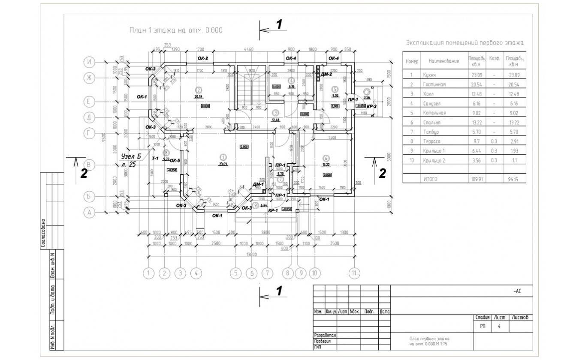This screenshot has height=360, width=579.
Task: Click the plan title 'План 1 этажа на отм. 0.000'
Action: click(175, 30)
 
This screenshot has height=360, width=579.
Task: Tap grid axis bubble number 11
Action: click(354, 272)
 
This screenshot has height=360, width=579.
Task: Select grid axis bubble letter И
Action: click(89, 62)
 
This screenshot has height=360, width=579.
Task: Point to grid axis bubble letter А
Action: click(89, 212)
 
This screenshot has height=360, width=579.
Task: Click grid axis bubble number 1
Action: click(148, 272)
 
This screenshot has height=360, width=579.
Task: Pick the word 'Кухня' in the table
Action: click(428, 75)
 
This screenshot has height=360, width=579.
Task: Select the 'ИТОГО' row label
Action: click(430, 179)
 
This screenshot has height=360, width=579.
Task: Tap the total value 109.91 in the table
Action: click(476, 179)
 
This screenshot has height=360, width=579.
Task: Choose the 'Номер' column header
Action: click(411, 61)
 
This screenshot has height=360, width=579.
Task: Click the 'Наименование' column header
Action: click(440, 61)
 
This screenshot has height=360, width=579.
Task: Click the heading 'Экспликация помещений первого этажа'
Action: click(464, 43)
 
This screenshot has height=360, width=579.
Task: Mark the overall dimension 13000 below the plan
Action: click(251, 254)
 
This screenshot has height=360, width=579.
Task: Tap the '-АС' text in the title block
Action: click(517, 291)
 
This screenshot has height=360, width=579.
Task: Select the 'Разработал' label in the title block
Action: click(325, 335)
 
